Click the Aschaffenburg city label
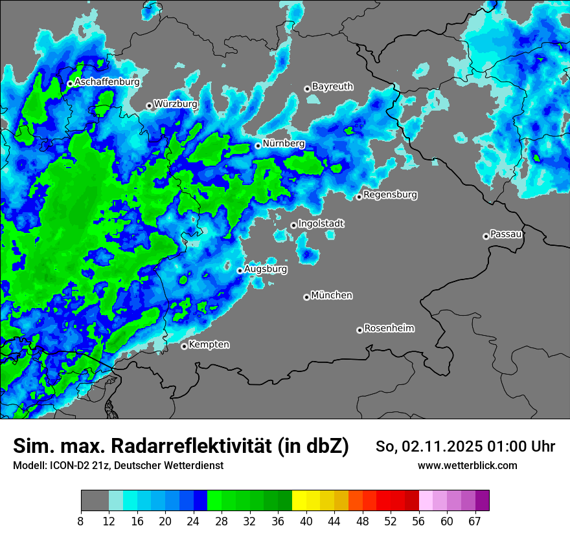coord(107,82)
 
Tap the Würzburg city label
coord(176,104)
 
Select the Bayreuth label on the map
coord(332,87)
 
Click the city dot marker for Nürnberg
coord(258,146)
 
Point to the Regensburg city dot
coord(359,197)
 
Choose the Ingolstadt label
coord(321,224)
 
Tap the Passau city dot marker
coord(486,236)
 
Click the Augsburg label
coord(266,269)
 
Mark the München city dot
coord(306,297)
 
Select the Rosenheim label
coord(389,329)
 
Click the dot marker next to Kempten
coord(184,346)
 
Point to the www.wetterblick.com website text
coord(468,465)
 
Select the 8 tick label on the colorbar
coord(81,521)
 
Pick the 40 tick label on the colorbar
coord(306,521)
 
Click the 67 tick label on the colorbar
coord(475,521)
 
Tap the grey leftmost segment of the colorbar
coord(95,501)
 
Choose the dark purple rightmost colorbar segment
coord(482,501)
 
